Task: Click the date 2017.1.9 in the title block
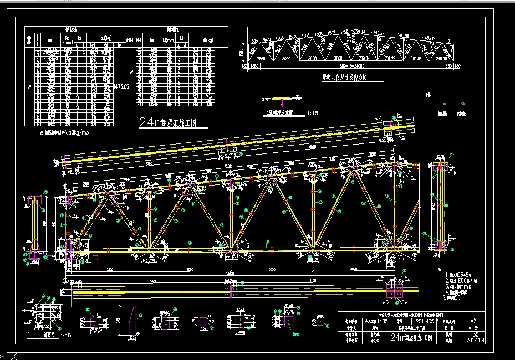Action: click(475, 341)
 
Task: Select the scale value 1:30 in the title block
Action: click(473, 334)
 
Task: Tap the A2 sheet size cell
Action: click(473, 321)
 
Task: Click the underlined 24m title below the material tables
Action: click(169, 122)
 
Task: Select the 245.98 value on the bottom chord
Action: click(441, 58)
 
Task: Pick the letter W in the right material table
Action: click(131, 71)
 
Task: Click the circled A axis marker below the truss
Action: click(65, 281)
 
